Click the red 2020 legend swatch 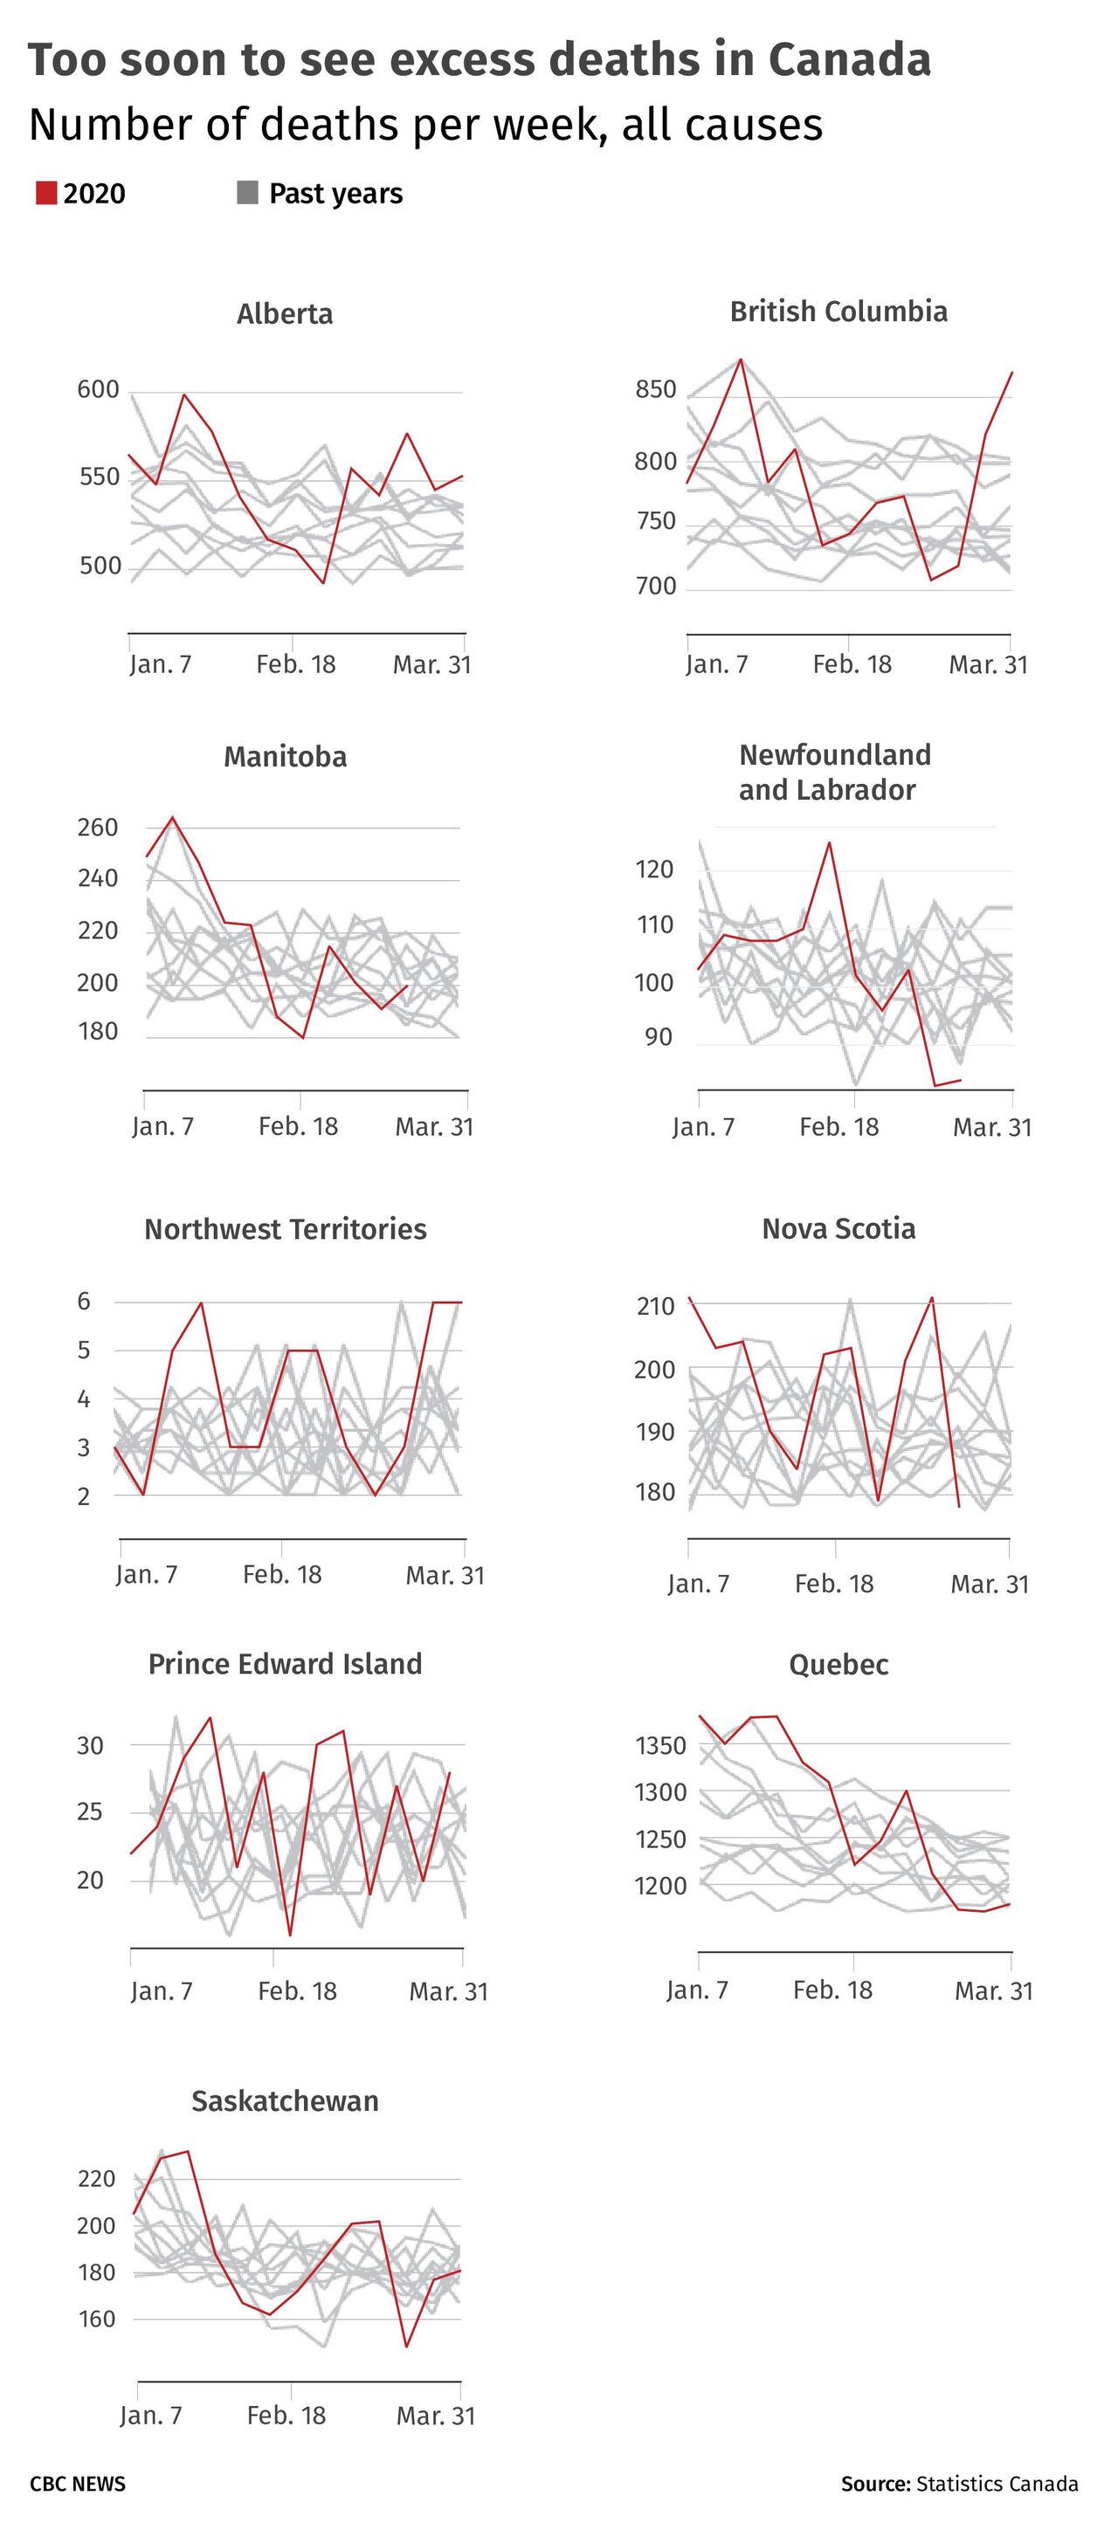[46, 193]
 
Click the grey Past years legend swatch [247, 193]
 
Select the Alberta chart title [285, 313]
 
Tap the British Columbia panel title [838, 312]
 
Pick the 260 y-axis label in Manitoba [97, 828]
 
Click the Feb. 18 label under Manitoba [298, 1126]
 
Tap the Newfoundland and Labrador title [835, 772]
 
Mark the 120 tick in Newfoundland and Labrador [653, 869]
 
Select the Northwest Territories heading [285, 1229]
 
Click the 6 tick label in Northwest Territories [84, 1301]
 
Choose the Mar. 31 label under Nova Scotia [990, 1584]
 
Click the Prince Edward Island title [285, 1664]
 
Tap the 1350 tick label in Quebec [661, 1745]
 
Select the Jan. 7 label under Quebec [698, 1990]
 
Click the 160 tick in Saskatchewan [96, 2319]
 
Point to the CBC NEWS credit [78, 2484]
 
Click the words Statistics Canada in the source [997, 2484]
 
